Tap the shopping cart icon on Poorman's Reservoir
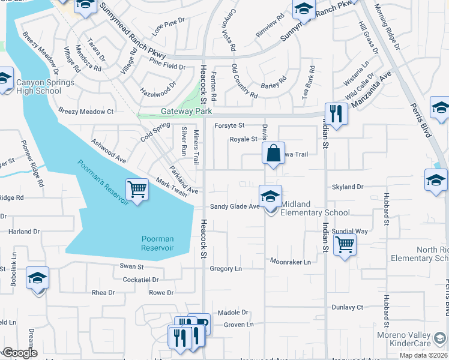(x=137, y=190)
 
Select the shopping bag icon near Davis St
(x=273, y=152)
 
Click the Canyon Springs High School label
(x=38, y=86)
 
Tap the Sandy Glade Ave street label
(x=234, y=206)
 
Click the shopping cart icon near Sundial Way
(x=345, y=244)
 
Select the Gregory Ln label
(x=226, y=269)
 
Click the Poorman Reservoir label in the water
(x=157, y=243)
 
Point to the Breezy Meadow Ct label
(x=86, y=112)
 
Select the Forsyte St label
(x=229, y=125)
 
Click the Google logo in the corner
(x=19, y=353)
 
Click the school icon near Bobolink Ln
(x=37, y=278)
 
